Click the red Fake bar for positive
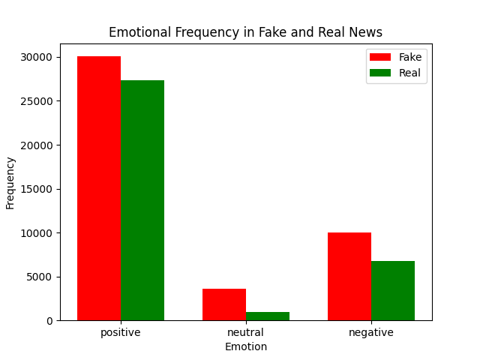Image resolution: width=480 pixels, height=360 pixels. (x=99, y=188)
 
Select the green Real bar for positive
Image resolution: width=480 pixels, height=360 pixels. (x=142, y=200)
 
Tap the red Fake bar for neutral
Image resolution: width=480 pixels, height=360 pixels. (x=224, y=304)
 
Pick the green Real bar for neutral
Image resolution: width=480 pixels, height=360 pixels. (x=268, y=316)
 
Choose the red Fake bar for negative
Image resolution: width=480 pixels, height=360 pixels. (x=349, y=276)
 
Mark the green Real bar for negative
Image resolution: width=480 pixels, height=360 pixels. (x=393, y=290)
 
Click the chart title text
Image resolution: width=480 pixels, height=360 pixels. (x=245, y=32)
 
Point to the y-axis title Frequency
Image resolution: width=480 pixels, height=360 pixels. (x=10, y=182)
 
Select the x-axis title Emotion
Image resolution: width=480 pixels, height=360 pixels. (x=245, y=346)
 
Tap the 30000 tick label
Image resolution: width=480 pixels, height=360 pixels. (x=37, y=57)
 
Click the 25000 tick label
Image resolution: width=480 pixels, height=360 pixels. (x=37, y=101)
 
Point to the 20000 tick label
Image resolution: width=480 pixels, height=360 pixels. (x=37, y=145)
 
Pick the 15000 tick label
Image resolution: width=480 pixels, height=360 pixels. (x=37, y=189)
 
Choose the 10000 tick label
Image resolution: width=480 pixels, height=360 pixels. (x=37, y=232)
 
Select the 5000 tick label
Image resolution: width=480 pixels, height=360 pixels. (x=39, y=277)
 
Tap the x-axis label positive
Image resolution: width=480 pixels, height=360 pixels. (x=121, y=332)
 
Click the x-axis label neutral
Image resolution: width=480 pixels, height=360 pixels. (x=246, y=332)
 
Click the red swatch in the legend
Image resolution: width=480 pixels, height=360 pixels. (x=381, y=57)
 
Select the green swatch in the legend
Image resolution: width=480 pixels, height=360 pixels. (x=381, y=73)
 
